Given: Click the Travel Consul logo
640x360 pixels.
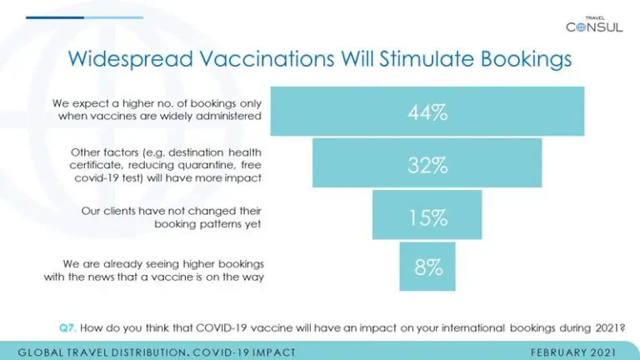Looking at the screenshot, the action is click(x=594, y=24).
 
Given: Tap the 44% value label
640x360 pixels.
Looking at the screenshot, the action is click(x=427, y=112).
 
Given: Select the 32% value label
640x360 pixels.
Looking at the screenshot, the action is click(x=427, y=165).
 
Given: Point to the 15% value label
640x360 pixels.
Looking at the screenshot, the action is click(x=428, y=217).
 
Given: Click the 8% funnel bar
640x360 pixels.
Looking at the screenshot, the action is click(x=427, y=267).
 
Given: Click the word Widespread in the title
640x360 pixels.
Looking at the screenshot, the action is click(x=130, y=59).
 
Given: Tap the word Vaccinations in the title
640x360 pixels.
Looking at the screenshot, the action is click(x=267, y=59).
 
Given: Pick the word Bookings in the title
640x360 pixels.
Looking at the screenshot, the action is click(x=526, y=60).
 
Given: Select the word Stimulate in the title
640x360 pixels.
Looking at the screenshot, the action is click(x=427, y=59).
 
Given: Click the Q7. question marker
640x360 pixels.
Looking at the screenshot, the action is click(x=67, y=327).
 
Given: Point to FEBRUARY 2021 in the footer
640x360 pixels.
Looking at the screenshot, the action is click(x=573, y=352).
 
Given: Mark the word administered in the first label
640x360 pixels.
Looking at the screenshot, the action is click(x=228, y=116).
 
